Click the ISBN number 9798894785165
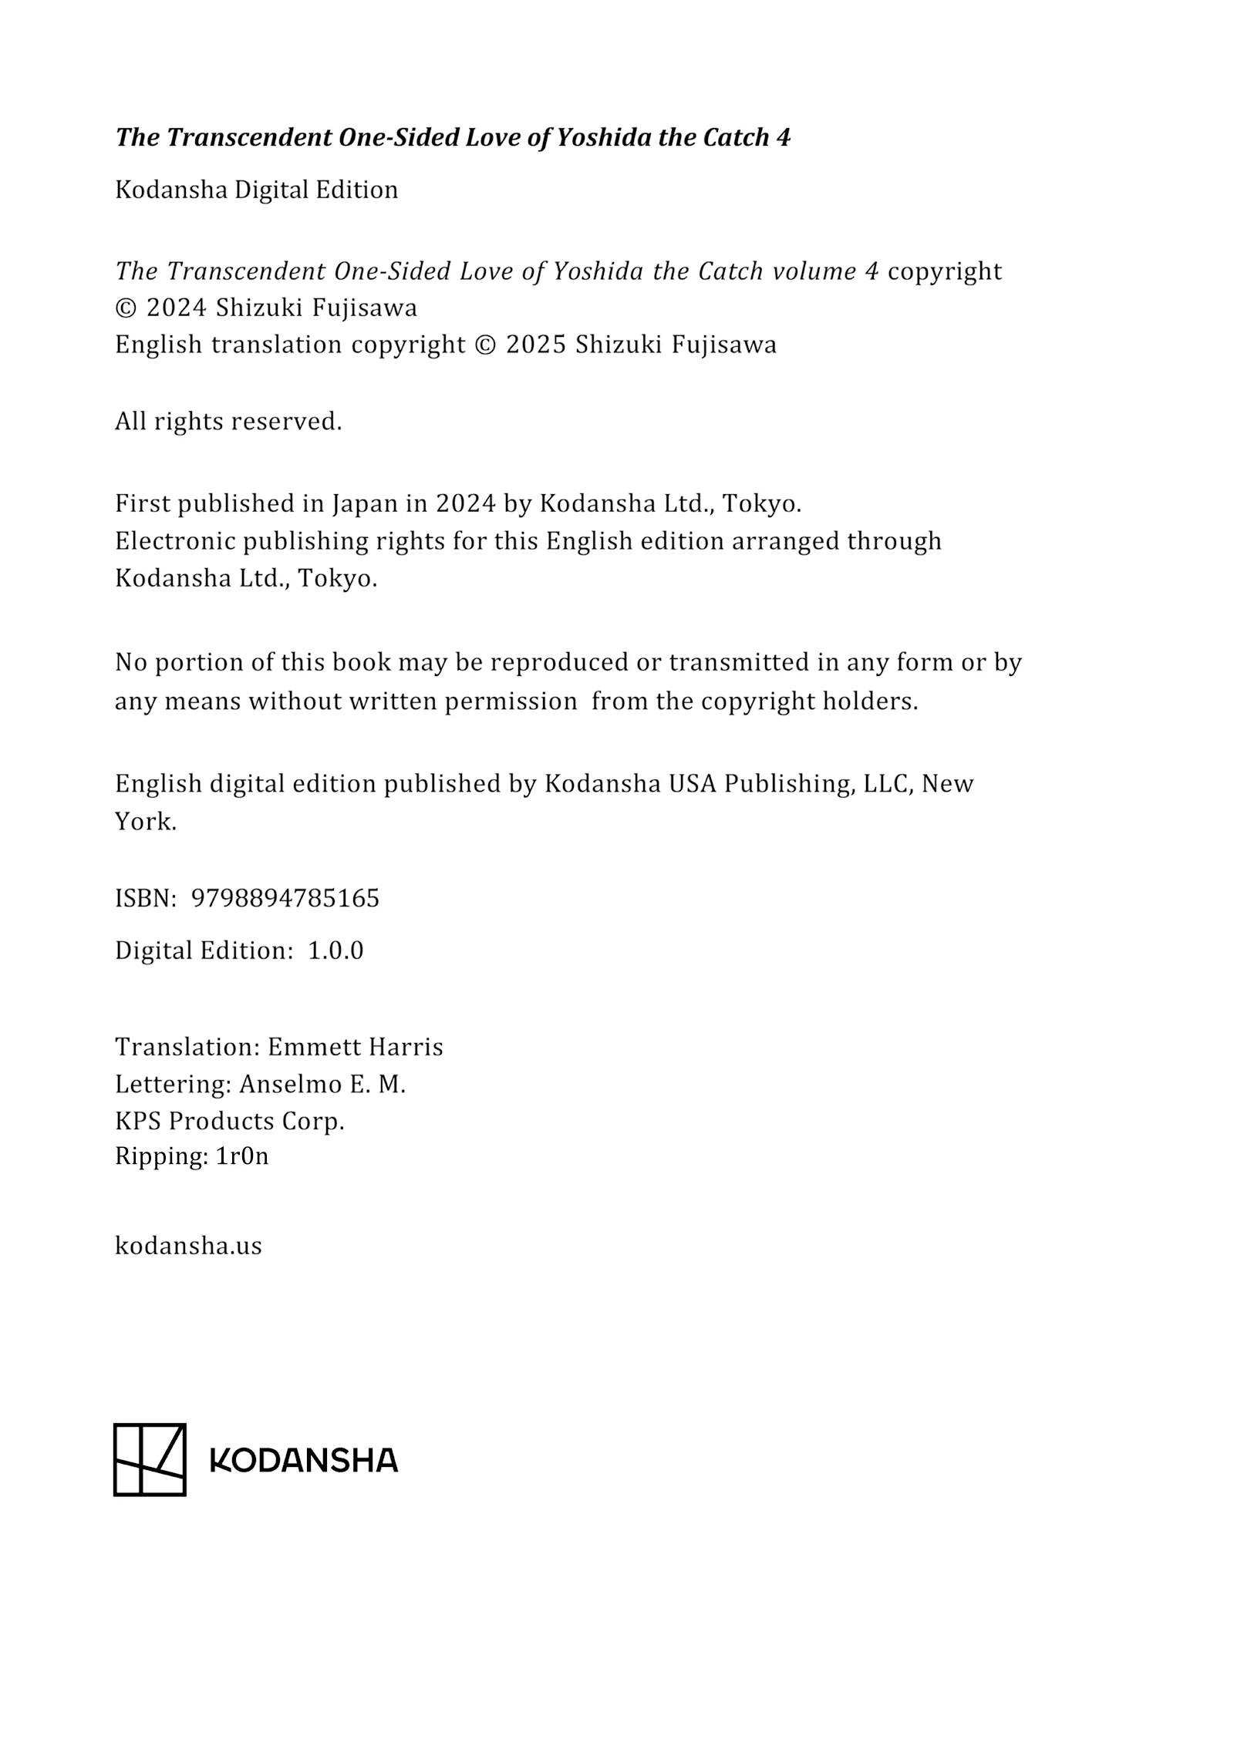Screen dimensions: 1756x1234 (285, 898)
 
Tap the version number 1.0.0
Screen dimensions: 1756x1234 (335, 950)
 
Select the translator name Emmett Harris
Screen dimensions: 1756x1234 (355, 1047)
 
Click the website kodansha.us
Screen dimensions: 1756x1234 (188, 1246)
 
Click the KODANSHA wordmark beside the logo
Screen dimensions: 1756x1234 (304, 1460)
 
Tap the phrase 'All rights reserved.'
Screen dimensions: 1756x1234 (228, 422)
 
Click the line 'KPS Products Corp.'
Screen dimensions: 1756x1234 (229, 1121)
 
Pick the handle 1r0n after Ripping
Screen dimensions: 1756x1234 (242, 1156)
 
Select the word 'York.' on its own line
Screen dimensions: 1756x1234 (146, 822)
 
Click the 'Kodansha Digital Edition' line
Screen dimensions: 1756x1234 (256, 190)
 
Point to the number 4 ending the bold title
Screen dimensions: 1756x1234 (784, 137)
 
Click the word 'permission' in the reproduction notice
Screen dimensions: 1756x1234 (511, 701)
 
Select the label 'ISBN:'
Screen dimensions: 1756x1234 (146, 898)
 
